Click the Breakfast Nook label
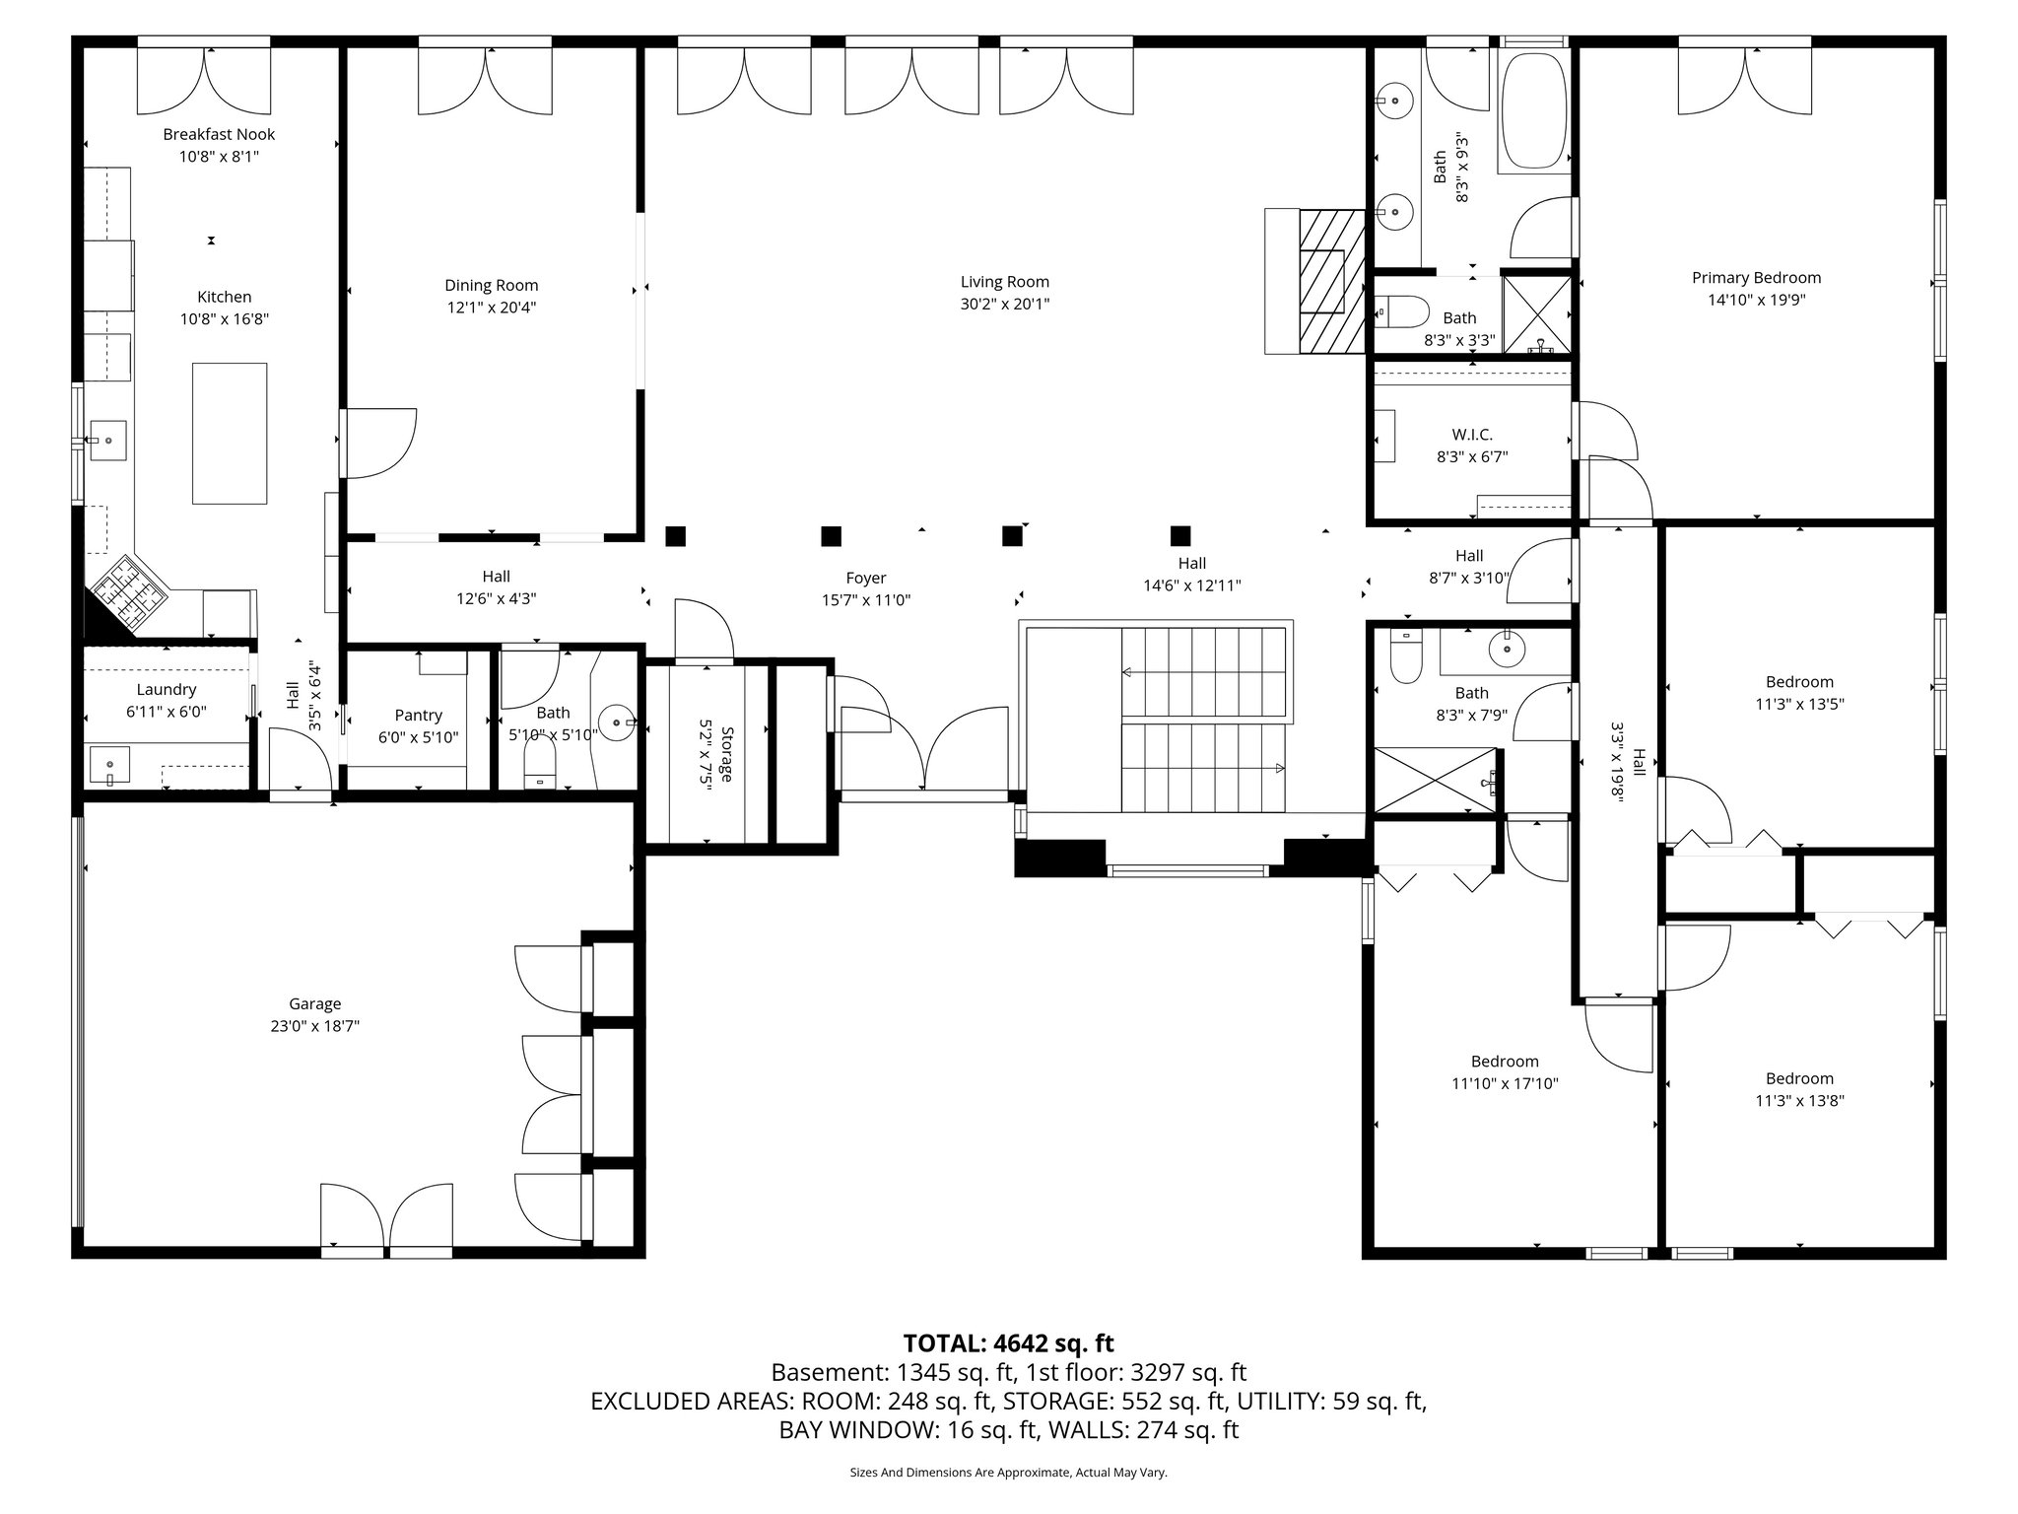(x=219, y=134)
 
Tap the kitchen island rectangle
(x=229, y=434)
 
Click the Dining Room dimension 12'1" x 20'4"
(x=491, y=308)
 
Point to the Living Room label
(x=1004, y=282)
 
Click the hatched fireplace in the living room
(x=1330, y=281)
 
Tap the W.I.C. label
(x=1471, y=435)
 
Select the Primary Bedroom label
(x=1756, y=278)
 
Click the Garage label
(x=314, y=1003)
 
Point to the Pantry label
(x=418, y=715)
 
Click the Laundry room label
(x=167, y=689)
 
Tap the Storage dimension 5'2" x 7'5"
(x=706, y=755)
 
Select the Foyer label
(x=865, y=578)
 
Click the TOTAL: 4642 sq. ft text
(x=1008, y=1342)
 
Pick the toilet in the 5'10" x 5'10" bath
(x=540, y=764)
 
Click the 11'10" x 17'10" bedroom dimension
(x=1504, y=1083)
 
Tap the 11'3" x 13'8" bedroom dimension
(x=1799, y=1101)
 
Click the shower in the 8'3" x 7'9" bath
(x=1434, y=780)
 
